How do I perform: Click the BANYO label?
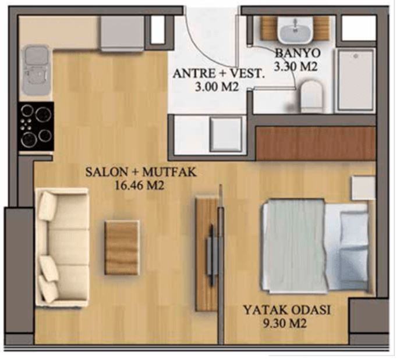click(x=296, y=54)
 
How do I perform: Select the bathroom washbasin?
click(x=295, y=29)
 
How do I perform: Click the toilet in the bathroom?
click(x=310, y=96)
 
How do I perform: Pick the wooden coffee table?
click(x=122, y=247)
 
